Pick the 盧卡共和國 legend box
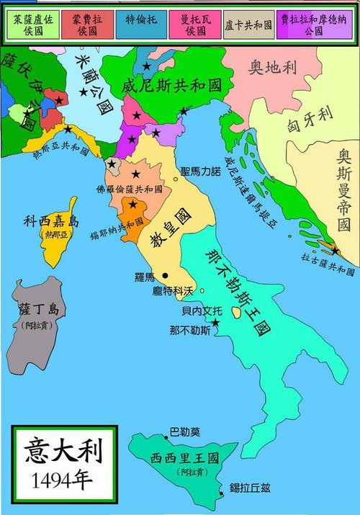click(248, 23)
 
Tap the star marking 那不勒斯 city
click(215, 321)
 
